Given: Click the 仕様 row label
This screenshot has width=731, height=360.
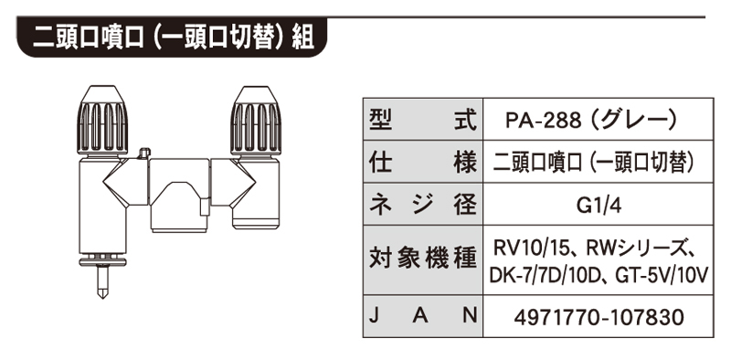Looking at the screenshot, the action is [423, 162].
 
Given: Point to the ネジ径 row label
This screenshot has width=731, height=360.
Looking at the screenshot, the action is [423, 203].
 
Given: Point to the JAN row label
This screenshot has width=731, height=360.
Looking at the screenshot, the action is [423, 316].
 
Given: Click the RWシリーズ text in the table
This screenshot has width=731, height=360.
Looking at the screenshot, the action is [632, 246].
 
